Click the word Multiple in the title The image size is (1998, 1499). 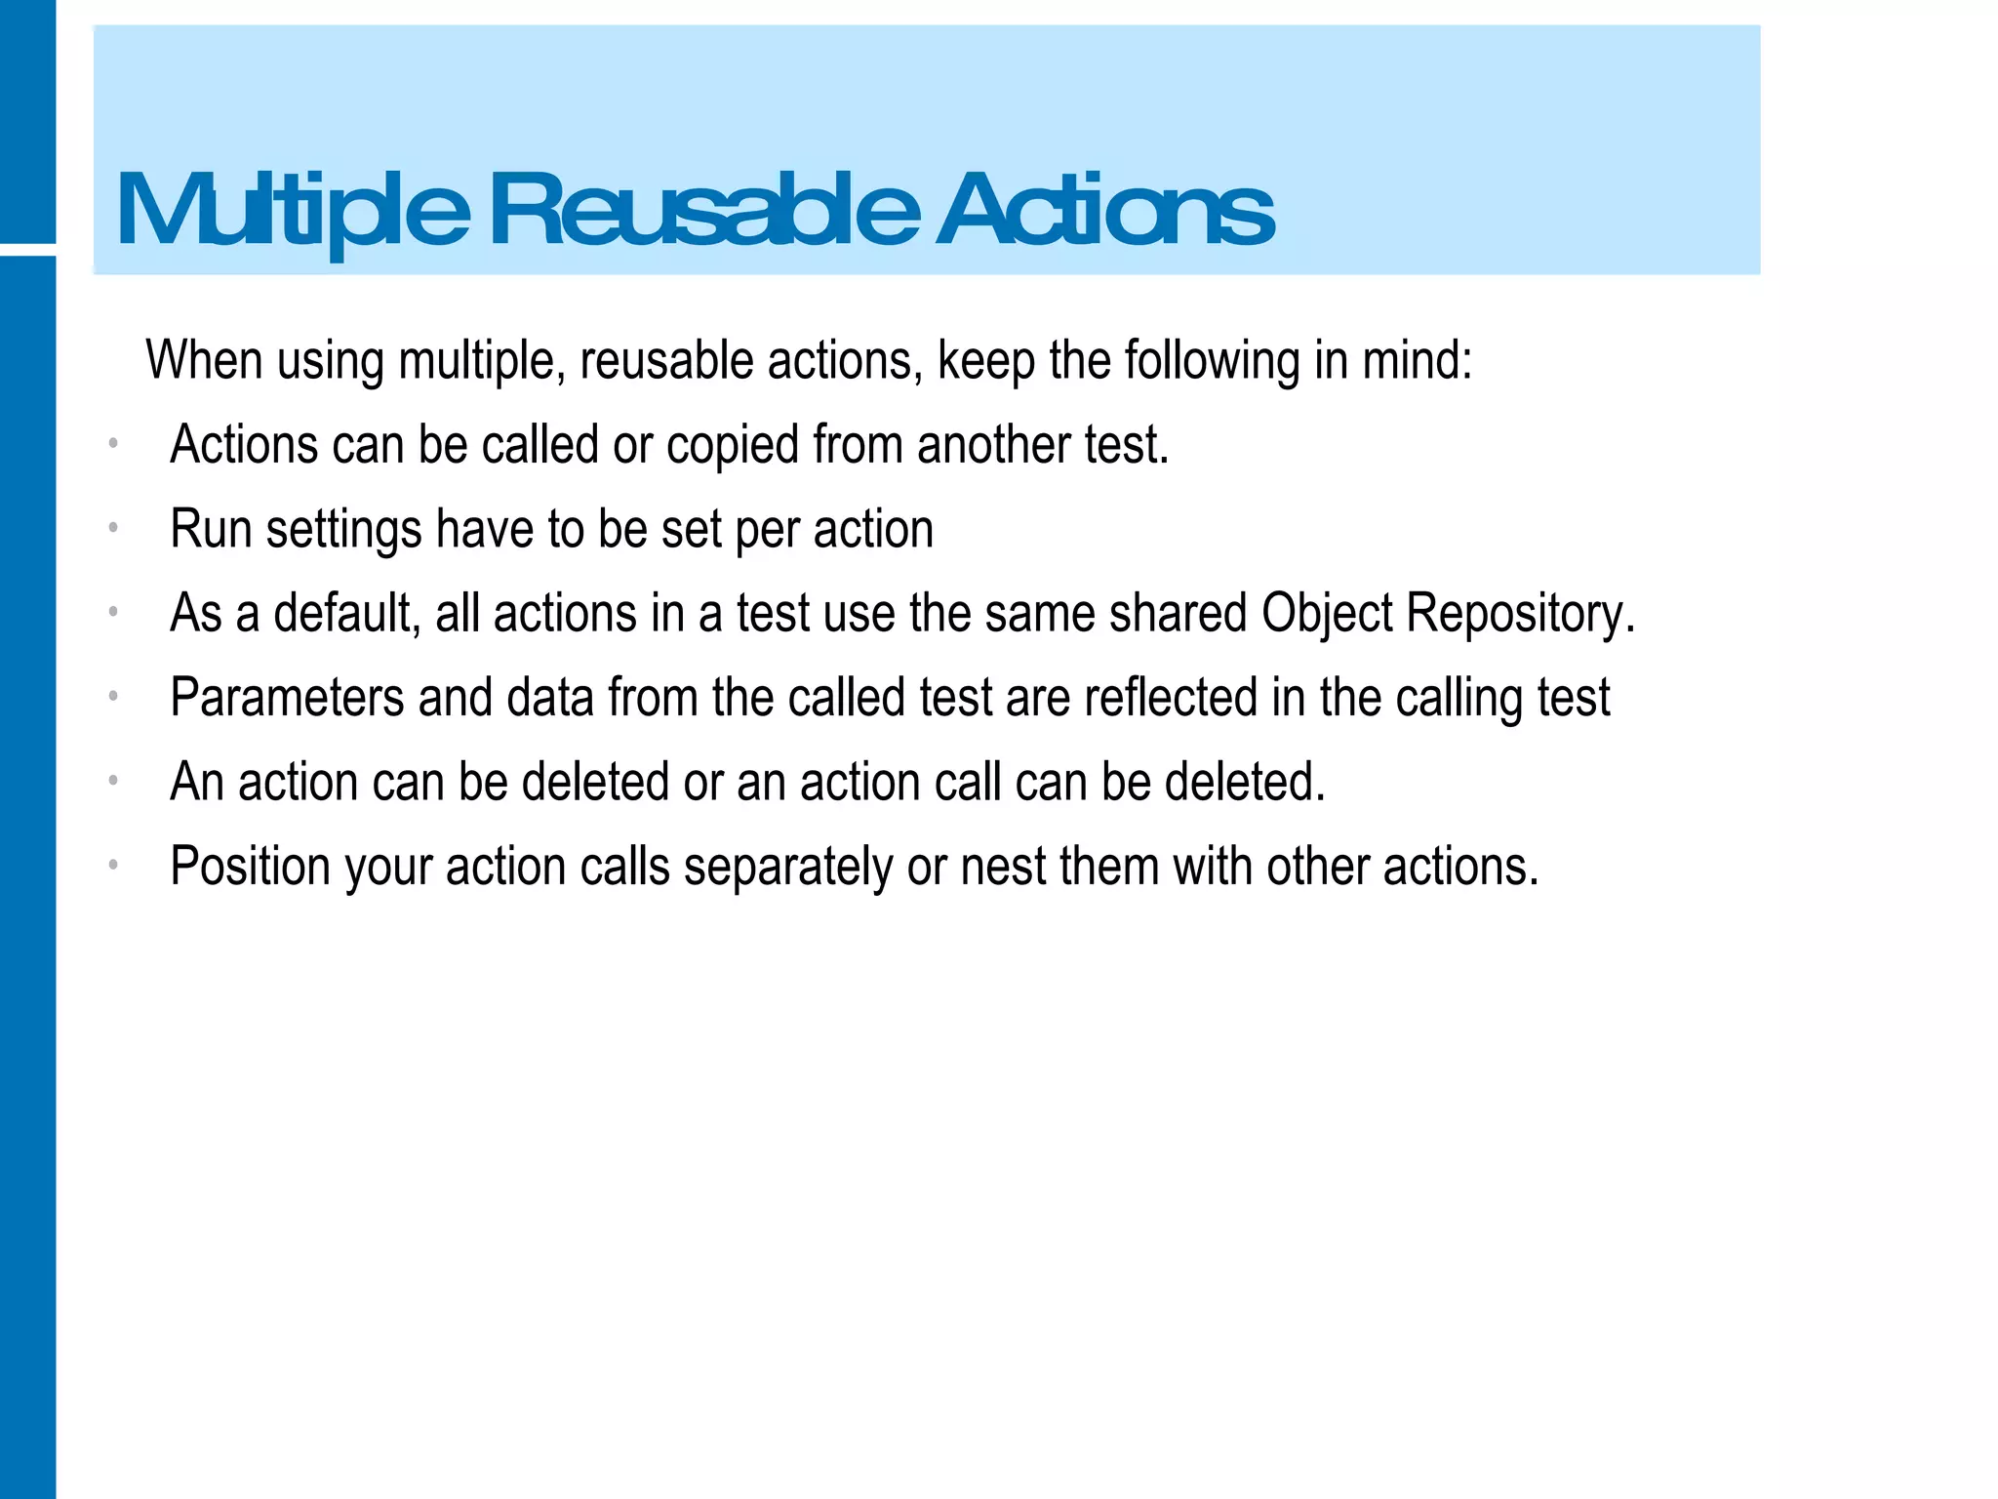coord(293,210)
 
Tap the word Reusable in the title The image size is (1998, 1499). coord(703,210)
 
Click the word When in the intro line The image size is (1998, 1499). coord(204,360)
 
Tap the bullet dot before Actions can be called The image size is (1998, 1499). coord(113,445)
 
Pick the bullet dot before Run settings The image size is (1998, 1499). coord(113,529)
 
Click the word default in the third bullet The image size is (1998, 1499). coord(345,614)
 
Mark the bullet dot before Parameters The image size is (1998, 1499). coord(113,697)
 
